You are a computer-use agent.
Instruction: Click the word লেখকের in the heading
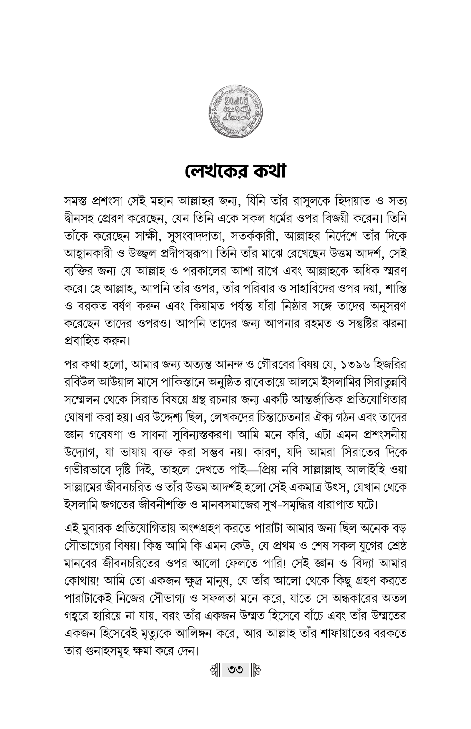213,172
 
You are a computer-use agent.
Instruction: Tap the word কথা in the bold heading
267,172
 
